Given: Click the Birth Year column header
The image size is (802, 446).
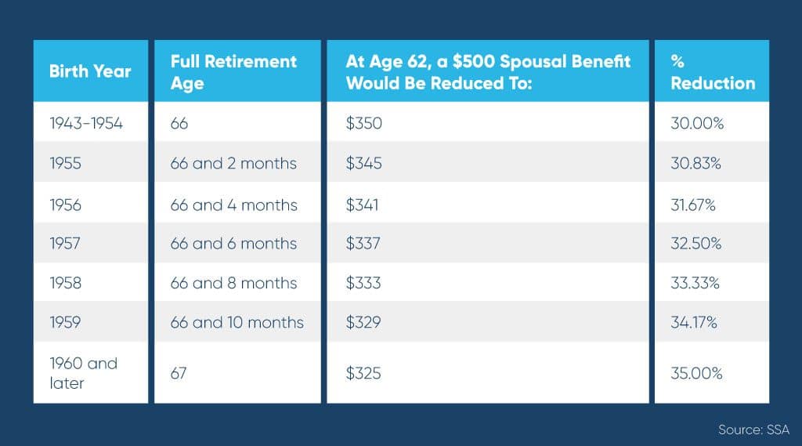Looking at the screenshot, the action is click(90, 71).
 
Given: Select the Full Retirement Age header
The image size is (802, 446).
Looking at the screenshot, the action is click(233, 72).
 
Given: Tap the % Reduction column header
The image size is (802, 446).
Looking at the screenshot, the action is click(713, 72).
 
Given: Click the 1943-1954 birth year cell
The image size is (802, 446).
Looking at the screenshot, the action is click(86, 123).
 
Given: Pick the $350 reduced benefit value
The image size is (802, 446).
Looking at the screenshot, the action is click(363, 123).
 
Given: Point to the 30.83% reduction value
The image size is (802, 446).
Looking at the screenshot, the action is click(695, 163).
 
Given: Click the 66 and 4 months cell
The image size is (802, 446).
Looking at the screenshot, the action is click(233, 205).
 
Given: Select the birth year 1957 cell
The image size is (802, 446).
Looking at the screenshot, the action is click(65, 243).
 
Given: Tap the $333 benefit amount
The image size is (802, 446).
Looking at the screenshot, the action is click(363, 283).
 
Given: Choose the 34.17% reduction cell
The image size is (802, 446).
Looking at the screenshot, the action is click(694, 322).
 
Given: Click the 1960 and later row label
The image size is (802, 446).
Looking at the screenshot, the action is click(83, 373).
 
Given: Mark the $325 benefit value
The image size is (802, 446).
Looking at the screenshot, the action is click(363, 373).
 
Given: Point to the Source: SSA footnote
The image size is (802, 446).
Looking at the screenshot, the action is click(753, 429).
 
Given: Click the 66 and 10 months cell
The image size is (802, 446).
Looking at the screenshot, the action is click(237, 322).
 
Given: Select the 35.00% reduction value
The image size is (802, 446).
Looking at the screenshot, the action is click(696, 373).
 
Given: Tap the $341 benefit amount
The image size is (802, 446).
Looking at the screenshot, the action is click(362, 205).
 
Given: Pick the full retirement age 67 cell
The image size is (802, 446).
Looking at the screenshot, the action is click(179, 373).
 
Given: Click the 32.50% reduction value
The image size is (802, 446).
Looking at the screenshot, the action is click(696, 243).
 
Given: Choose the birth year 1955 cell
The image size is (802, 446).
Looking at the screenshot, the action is click(66, 163).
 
